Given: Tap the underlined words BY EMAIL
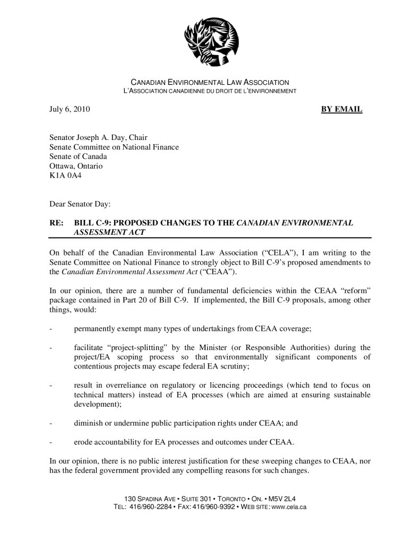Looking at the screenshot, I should click(342, 110).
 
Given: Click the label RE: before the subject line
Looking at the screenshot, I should click(56, 223).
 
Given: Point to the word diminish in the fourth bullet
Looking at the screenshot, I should click(89, 423).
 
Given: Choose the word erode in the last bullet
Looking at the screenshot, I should click(84, 442).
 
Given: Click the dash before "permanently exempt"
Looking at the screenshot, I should click(51, 329).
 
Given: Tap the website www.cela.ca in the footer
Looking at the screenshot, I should click(288, 507).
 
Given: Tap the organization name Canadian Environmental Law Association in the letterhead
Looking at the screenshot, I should click(210, 83).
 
